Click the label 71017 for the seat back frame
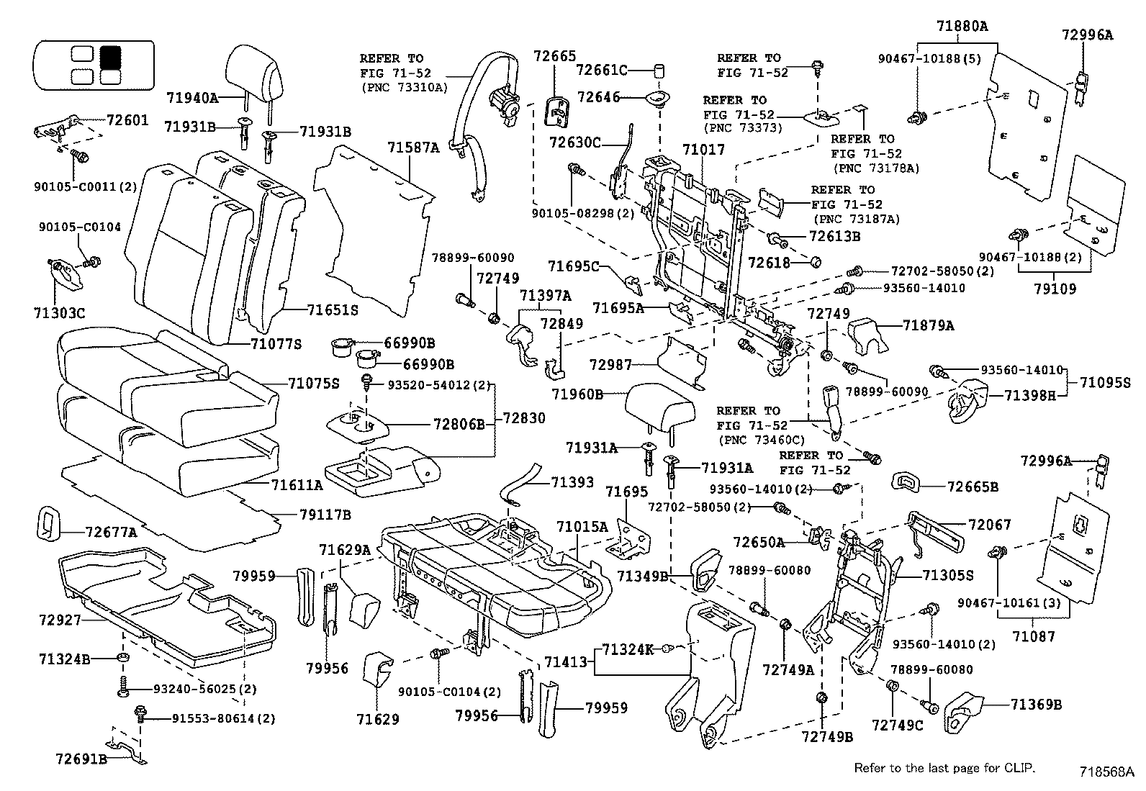pos(703,150)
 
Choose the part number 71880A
pos(962,27)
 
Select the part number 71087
pos(1034,636)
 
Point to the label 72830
pos(523,418)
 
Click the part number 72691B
pos(81,758)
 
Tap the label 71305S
pos(948,575)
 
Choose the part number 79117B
pos(325,515)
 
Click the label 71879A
pos(928,326)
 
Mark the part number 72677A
pos(111,533)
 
